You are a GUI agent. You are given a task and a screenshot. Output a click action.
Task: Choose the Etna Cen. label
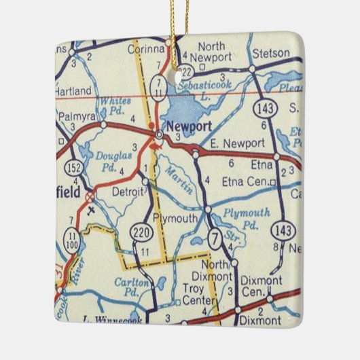[245, 181]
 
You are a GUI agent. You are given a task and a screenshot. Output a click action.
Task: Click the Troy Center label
[198, 293]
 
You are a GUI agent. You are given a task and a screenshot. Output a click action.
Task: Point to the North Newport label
[211, 52]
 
